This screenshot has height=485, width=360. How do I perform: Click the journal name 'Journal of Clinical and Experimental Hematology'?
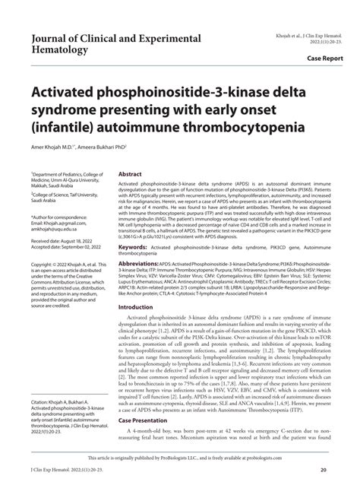coord(115,44)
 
